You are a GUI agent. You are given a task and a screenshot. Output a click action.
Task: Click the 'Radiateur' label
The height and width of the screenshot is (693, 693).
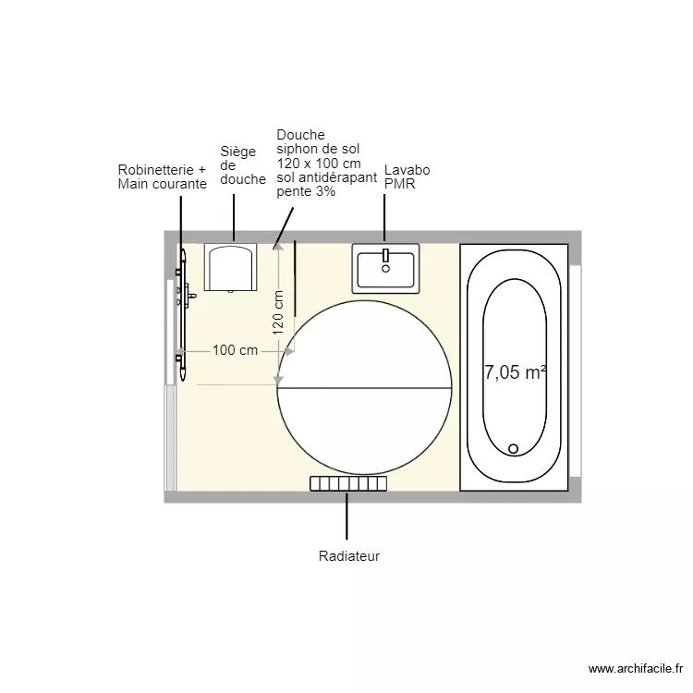(x=349, y=556)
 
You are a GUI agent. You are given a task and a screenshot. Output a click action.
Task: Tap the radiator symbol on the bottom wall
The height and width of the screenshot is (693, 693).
(x=347, y=483)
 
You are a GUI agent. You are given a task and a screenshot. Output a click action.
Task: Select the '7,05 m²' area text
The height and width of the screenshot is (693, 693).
(x=515, y=373)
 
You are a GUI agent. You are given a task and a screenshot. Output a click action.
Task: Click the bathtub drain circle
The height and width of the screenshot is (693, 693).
(x=515, y=448)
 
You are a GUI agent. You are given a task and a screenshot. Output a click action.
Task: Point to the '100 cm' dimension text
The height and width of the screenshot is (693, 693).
(x=235, y=350)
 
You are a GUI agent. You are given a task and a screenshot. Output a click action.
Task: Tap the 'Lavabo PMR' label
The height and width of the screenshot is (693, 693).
(x=407, y=177)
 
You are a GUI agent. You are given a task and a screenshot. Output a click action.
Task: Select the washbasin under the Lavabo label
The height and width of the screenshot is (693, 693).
(x=385, y=268)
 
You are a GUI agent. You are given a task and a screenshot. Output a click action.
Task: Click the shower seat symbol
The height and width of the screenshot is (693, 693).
(x=229, y=268)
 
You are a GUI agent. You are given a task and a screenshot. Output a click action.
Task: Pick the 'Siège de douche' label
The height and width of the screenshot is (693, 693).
(x=242, y=165)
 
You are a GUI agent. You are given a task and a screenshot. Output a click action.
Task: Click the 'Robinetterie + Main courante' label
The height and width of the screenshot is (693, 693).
(x=162, y=176)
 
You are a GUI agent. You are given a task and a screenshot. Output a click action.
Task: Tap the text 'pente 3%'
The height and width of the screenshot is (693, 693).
(x=306, y=192)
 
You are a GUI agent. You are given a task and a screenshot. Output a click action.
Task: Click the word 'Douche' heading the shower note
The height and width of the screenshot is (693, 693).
(x=301, y=135)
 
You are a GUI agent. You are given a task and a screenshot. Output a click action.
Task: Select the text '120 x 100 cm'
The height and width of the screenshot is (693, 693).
(x=317, y=164)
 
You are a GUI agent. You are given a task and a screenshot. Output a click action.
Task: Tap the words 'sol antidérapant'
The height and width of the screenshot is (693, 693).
(x=327, y=177)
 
